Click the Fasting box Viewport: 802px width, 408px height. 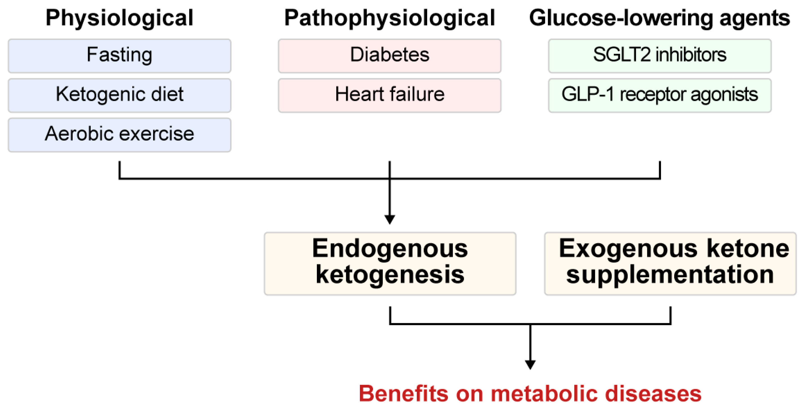click(x=120, y=56)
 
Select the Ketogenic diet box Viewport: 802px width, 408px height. click(x=120, y=95)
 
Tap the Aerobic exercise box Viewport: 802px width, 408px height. click(x=120, y=135)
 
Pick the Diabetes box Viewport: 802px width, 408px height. click(x=389, y=56)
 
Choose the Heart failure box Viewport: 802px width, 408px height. click(x=389, y=95)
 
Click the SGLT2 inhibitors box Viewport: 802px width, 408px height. click(x=659, y=56)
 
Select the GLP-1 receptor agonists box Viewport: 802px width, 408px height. click(x=659, y=95)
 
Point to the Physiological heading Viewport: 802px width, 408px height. click(x=120, y=18)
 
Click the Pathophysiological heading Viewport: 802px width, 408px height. click(x=389, y=18)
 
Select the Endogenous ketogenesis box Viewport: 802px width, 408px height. click(x=390, y=263)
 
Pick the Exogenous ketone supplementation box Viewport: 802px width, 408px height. click(x=670, y=263)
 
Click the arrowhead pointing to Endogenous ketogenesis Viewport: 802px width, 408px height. click(x=390, y=219)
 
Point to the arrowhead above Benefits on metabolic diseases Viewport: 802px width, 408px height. click(x=530, y=364)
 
